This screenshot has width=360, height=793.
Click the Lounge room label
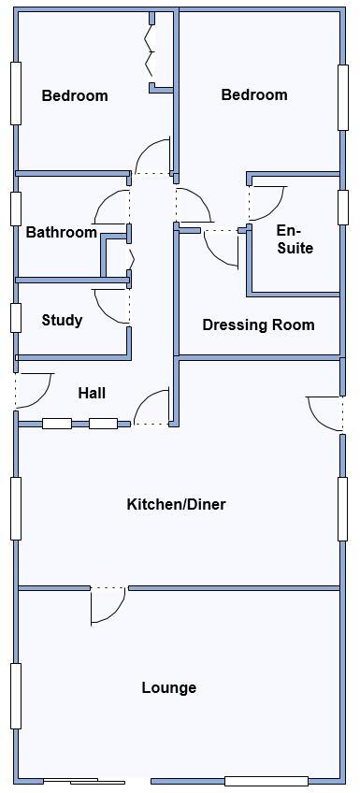[x=169, y=687]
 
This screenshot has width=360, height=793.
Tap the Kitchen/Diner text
[x=176, y=505]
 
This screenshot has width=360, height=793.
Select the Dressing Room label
[x=258, y=325]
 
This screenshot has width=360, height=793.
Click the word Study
[x=62, y=321]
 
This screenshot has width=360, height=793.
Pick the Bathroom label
[x=61, y=233]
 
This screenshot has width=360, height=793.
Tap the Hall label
[x=92, y=394]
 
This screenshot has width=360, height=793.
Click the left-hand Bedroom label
[x=74, y=95]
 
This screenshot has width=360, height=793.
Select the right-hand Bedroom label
[x=253, y=94]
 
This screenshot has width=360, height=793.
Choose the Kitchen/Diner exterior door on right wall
[x=325, y=413]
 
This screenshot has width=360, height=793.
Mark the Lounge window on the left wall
[x=15, y=696]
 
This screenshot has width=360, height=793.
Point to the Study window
[x=15, y=318]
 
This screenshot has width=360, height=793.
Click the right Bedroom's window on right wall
[x=343, y=97]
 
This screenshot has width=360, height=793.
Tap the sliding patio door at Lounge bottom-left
[x=84, y=781]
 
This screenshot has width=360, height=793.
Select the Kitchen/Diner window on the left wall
[x=15, y=508]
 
